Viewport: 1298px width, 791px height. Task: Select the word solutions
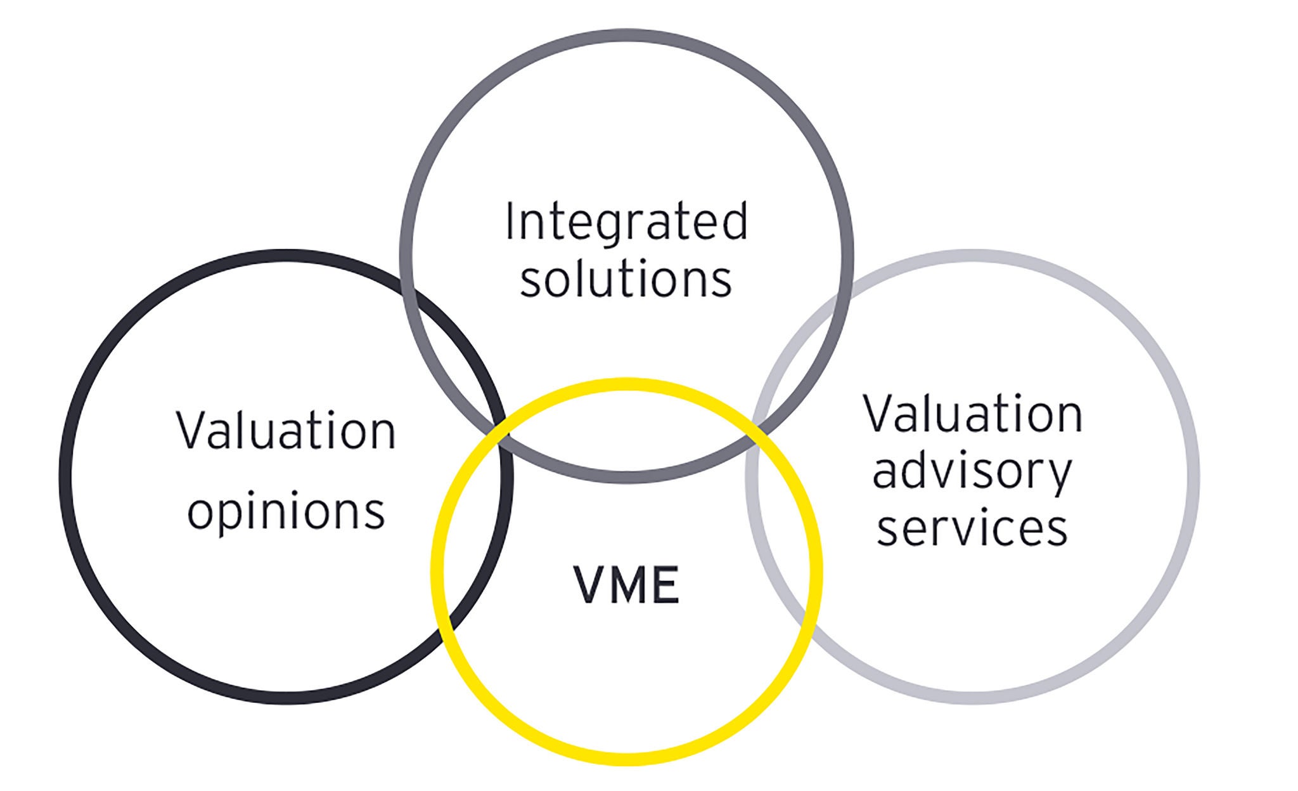click(x=626, y=280)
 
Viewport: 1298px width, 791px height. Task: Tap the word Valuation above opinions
click(x=286, y=431)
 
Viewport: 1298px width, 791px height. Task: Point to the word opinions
click(x=286, y=511)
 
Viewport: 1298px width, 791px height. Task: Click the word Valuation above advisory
click(x=973, y=414)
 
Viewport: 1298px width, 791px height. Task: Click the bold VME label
click(x=626, y=585)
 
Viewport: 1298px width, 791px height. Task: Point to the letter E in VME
click(x=665, y=585)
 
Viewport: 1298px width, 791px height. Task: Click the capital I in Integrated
click(x=510, y=222)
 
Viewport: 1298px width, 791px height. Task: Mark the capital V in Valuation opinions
click(x=190, y=431)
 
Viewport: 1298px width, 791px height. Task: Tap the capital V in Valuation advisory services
click(x=877, y=414)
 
